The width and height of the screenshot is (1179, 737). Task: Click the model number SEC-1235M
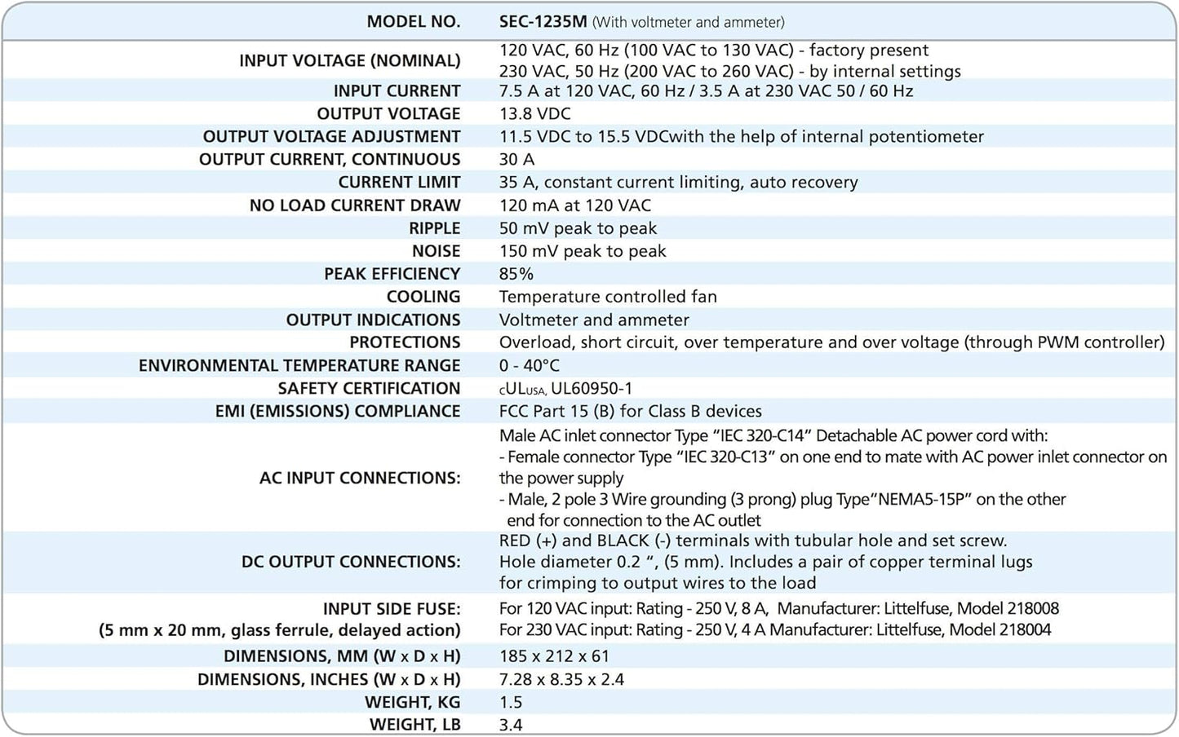[543, 22]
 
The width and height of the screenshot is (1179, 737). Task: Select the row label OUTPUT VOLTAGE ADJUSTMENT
[331, 136]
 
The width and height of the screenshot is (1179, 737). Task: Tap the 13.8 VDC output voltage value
[534, 113]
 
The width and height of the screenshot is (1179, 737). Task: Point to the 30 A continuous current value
[516, 159]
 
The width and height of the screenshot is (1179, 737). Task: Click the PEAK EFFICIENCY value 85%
[516, 274]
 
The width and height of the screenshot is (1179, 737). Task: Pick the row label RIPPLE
[434, 228]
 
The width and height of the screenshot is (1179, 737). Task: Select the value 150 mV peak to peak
[583, 251]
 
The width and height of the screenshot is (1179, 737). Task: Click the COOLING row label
[423, 297]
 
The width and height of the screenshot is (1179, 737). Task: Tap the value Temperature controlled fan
[608, 297]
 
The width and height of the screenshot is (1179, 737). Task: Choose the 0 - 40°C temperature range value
[529, 365]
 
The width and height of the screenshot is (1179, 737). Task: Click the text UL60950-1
[592, 389]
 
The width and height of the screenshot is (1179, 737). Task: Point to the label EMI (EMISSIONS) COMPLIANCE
[337, 411]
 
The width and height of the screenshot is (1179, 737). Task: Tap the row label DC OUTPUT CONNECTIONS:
[351, 562]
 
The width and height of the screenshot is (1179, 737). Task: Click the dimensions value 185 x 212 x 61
[554, 656]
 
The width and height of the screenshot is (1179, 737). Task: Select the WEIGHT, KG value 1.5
[510, 702]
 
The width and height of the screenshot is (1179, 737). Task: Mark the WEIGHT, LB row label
[414, 725]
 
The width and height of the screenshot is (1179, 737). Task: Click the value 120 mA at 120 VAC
[574, 205]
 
